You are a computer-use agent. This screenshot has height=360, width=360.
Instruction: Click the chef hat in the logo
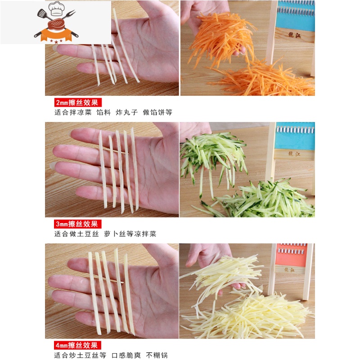[x=56, y=9]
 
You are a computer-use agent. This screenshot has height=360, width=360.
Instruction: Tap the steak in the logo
[x=56, y=24]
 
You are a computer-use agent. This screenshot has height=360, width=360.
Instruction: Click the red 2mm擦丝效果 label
[x=78, y=103]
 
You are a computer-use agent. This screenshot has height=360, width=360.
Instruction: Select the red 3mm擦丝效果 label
[x=77, y=224]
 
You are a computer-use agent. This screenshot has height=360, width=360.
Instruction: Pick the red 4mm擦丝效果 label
[x=77, y=345]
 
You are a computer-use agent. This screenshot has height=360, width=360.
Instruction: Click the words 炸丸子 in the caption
[x=127, y=112]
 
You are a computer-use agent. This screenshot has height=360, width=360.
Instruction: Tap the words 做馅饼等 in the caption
[x=157, y=112]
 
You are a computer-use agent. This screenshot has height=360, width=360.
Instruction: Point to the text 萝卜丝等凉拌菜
[x=130, y=234]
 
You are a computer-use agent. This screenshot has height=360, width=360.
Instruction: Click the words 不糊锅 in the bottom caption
[x=157, y=355]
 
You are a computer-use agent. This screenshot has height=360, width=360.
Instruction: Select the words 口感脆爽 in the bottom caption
[x=126, y=355]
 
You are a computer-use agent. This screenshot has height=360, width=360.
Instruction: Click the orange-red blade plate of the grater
[x=291, y=255]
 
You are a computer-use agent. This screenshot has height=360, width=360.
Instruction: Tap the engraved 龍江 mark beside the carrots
[x=294, y=35]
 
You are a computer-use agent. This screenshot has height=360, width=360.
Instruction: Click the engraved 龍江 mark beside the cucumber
[x=294, y=153]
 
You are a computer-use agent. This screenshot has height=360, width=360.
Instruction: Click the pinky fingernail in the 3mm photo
[x=53, y=165]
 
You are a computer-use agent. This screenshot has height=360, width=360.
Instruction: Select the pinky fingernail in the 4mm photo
[x=50, y=293]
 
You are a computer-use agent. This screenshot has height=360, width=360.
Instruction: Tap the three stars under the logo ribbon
[x=56, y=41]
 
